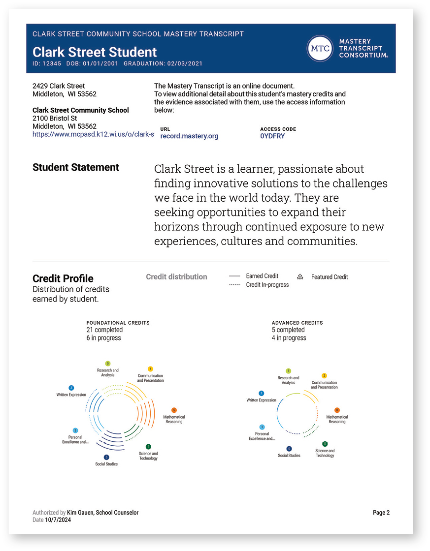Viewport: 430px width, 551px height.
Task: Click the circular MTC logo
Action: click(x=320, y=49)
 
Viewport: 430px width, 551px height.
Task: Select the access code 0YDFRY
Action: click(x=272, y=136)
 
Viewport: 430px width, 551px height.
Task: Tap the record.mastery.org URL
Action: click(x=189, y=136)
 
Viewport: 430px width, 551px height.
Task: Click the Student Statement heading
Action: click(x=76, y=167)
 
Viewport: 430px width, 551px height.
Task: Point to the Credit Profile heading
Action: click(x=63, y=278)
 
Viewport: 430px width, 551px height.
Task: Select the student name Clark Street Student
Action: click(x=95, y=52)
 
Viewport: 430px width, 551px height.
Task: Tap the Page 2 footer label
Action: click(x=381, y=513)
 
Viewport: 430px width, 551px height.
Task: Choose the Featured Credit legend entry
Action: click(x=329, y=277)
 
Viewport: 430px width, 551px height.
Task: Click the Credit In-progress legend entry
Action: click(x=267, y=285)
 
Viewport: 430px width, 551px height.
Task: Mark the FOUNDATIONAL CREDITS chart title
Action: click(x=118, y=323)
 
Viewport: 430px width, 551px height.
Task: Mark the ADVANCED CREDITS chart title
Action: click(x=297, y=323)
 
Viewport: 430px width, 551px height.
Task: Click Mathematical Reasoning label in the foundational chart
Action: click(x=174, y=419)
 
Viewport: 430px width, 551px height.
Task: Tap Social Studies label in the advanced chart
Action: click(x=289, y=456)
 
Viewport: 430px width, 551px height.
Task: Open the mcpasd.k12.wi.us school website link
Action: click(x=93, y=134)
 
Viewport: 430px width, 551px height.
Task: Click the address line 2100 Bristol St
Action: click(x=55, y=119)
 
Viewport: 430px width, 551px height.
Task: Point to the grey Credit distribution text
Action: click(x=176, y=277)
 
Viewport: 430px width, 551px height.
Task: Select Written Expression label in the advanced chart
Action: click(x=261, y=400)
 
